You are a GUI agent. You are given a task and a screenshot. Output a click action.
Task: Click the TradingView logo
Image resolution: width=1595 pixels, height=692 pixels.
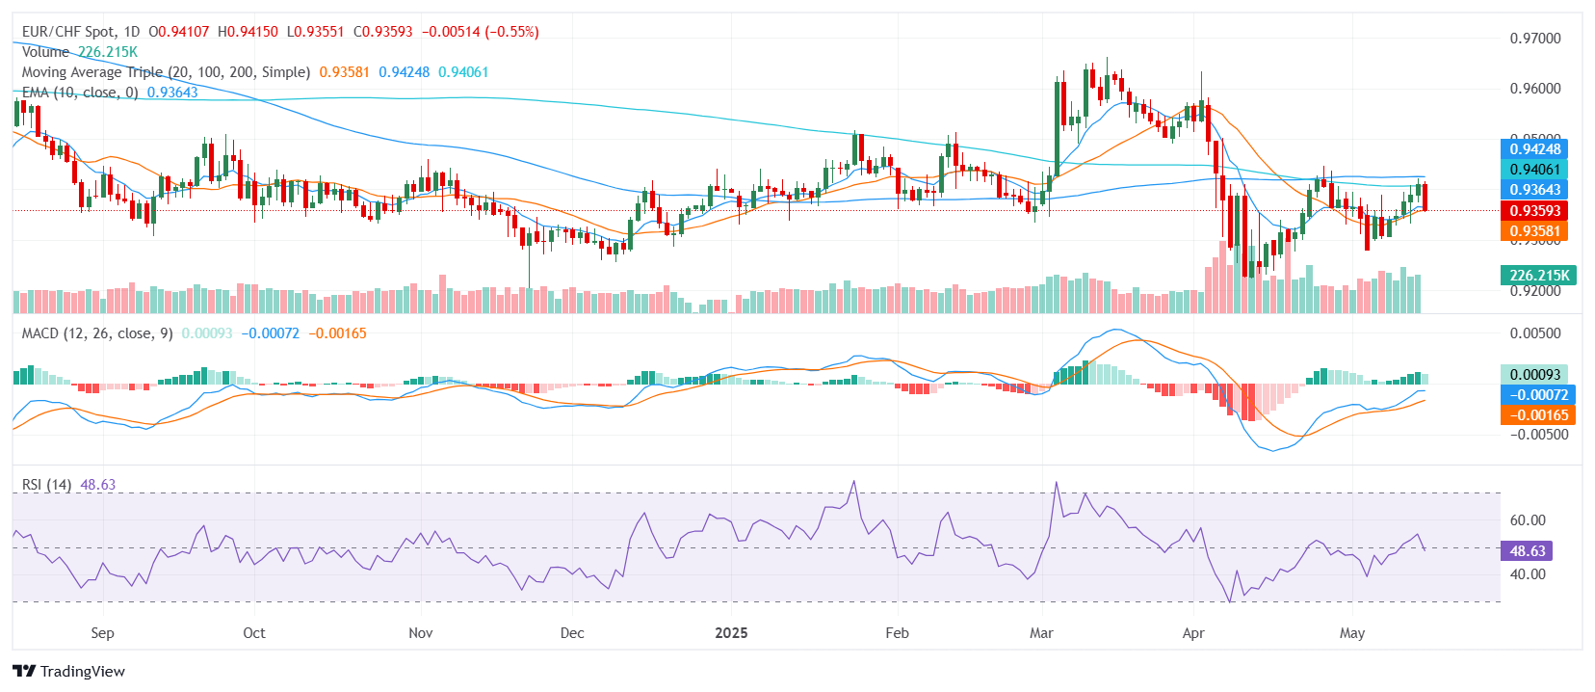(68, 671)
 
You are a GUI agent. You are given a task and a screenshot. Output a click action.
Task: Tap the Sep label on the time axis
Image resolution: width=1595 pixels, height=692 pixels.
(102, 633)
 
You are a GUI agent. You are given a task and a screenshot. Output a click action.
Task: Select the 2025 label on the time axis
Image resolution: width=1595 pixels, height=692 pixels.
(731, 633)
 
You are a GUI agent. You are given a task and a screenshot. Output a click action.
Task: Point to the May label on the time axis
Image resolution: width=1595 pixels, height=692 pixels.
(1352, 633)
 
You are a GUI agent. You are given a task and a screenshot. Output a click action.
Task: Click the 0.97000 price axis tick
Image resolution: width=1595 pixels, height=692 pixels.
(1535, 39)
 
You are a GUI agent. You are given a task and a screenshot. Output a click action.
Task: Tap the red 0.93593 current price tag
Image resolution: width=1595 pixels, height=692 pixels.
(1534, 210)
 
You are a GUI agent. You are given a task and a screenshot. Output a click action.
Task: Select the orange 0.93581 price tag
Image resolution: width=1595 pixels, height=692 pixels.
(1534, 231)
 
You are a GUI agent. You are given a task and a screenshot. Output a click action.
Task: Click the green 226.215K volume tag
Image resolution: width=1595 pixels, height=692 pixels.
(1539, 276)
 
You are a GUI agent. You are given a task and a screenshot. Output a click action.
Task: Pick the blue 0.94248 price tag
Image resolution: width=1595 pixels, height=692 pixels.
(1534, 149)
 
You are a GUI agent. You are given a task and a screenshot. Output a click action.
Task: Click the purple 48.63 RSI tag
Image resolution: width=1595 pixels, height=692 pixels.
(1527, 551)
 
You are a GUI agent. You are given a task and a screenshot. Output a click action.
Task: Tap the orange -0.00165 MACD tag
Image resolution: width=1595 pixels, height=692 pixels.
(1537, 415)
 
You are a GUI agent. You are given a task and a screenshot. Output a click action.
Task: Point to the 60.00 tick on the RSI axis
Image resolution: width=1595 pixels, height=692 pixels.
(1528, 520)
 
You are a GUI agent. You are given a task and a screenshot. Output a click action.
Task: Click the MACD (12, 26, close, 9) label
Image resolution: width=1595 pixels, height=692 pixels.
(97, 333)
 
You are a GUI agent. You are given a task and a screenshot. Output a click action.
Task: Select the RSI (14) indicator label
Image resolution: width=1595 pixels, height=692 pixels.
(46, 485)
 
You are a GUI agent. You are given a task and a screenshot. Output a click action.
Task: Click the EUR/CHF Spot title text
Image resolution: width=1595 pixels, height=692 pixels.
(68, 32)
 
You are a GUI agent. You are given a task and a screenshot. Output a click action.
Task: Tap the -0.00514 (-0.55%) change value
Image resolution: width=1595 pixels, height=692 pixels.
(480, 32)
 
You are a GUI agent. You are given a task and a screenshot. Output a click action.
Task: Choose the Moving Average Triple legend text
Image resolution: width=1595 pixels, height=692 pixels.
(166, 72)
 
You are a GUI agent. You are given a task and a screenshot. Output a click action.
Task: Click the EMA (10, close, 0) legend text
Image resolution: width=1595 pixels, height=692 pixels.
(80, 93)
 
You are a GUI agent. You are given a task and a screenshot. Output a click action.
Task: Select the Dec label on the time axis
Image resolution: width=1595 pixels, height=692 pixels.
(572, 633)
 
